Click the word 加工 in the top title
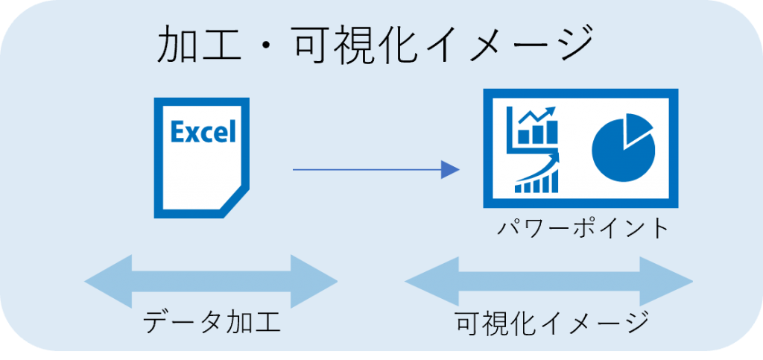point(200,46)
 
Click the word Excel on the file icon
point(203,133)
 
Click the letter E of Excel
point(178,133)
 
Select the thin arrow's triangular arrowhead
point(450,170)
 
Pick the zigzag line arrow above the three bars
point(535,118)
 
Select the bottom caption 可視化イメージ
point(551,323)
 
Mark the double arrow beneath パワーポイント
point(548,282)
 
